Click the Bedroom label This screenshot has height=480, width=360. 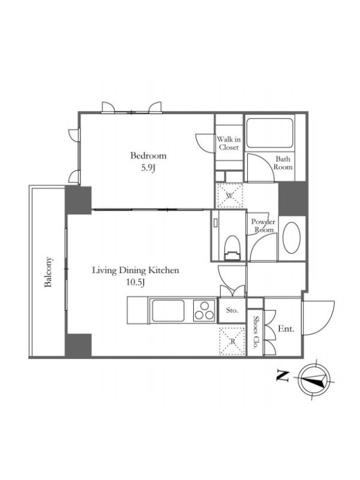coord(148,155)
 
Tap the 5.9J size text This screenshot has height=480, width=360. coord(148,168)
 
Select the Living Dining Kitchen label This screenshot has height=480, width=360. coord(136,271)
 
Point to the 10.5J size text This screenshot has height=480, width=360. coord(136,283)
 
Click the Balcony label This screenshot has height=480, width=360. coord(48,272)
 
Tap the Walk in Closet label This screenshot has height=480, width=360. coord(229,143)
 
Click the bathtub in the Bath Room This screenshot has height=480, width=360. coord(269,133)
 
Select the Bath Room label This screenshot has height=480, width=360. coord(283,163)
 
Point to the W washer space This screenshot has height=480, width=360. coord(230,196)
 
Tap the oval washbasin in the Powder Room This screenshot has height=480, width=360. coord(292,238)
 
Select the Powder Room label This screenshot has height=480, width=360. coord(263,226)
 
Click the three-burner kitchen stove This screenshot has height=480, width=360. coord(205,310)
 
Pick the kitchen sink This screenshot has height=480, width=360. coord(168,311)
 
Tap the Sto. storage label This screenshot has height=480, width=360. coord(232,310)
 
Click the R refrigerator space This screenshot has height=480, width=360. coord(232,341)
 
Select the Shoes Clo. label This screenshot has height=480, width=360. coord(256,333)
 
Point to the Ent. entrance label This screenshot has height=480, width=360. coord(286,329)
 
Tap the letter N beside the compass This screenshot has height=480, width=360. coord(283,376)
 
